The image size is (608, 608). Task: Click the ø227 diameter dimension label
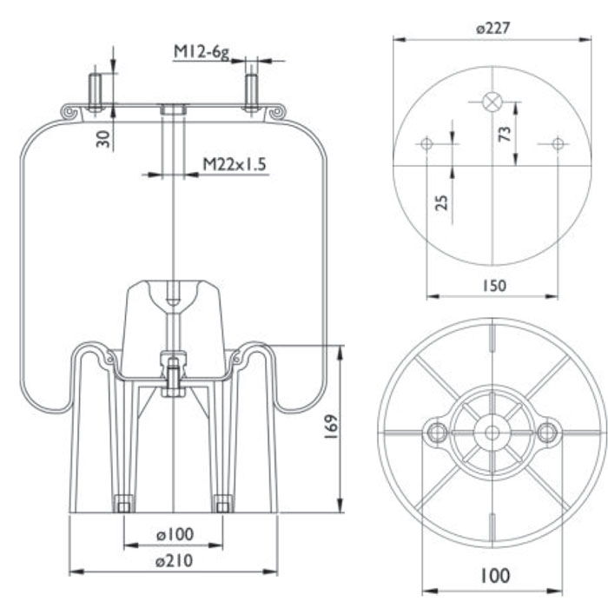click(492, 29)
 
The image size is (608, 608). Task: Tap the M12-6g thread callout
click(202, 52)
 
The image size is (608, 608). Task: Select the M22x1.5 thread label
click(235, 164)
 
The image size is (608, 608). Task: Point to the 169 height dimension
click(331, 427)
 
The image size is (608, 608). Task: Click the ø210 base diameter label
click(174, 561)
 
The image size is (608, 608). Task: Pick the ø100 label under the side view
click(175, 534)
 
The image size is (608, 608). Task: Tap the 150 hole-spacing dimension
click(494, 286)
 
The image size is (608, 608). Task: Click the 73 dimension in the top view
click(505, 134)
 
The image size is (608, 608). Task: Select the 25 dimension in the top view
click(441, 202)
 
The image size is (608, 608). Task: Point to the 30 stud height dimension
click(103, 139)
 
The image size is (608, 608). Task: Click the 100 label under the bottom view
click(495, 575)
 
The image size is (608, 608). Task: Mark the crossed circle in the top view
click(492, 102)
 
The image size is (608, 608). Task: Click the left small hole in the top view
click(426, 143)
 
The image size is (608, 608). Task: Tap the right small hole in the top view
click(558, 143)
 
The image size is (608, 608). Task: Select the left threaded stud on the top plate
click(95, 92)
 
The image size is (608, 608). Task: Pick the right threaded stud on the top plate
click(251, 92)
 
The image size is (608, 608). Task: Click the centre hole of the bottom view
click(492, 433)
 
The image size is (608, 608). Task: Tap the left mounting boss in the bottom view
click(438, 432)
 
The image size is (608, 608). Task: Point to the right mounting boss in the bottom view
click(546, 432)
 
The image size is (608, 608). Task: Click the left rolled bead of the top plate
click(69, 112)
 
